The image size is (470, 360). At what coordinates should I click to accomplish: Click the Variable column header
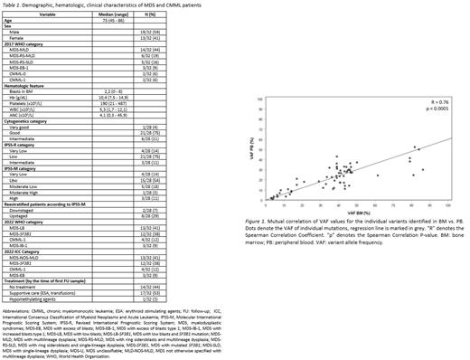(48, 16)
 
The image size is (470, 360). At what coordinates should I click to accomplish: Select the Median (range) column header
(121, 16)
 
